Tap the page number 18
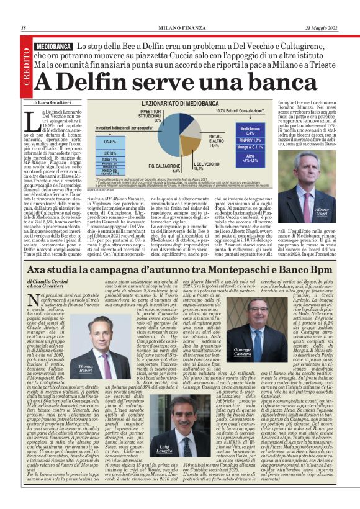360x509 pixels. point(23,28)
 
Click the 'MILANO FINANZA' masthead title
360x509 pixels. point(179,28)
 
